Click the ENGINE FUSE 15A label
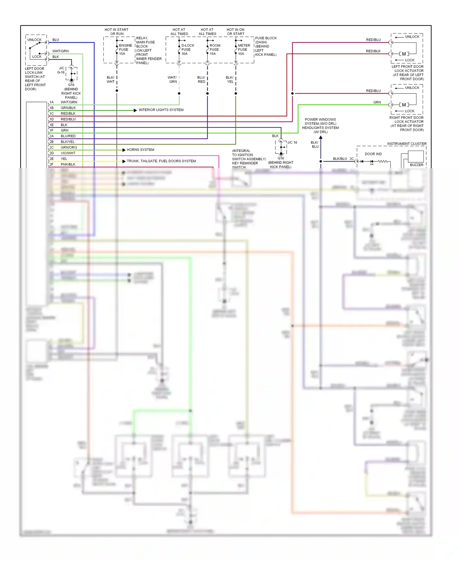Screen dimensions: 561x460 coord(125,49)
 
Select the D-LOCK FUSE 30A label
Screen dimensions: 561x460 coord(187,49)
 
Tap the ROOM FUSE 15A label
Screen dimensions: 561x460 coord(215,49)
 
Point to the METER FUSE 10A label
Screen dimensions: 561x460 coord(243,49)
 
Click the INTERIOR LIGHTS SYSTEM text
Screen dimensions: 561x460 coord(161,110)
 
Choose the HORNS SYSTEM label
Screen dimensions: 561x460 coord(140,150)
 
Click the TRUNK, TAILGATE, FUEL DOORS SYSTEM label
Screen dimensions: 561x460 coord(161,161)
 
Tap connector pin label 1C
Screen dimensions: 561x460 coord(52,114)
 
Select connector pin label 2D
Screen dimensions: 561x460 coord(52,153)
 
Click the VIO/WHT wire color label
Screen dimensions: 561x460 coord(68,153)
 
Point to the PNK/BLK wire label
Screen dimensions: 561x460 coord(68,164)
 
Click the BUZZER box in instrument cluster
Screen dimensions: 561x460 coord(416,157)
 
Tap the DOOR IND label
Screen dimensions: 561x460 coord(373,154)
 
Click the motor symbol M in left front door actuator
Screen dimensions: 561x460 coord(404,54)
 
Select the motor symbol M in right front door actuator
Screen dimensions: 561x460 coord(404,105)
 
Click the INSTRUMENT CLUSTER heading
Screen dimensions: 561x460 coord(407,144)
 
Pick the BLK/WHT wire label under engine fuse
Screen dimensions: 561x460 coord(110,80)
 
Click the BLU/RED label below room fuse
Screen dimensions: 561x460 coord(201,80)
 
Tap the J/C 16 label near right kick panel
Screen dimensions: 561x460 coord(292,143)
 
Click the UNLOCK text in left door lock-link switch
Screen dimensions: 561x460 coord(34,40)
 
